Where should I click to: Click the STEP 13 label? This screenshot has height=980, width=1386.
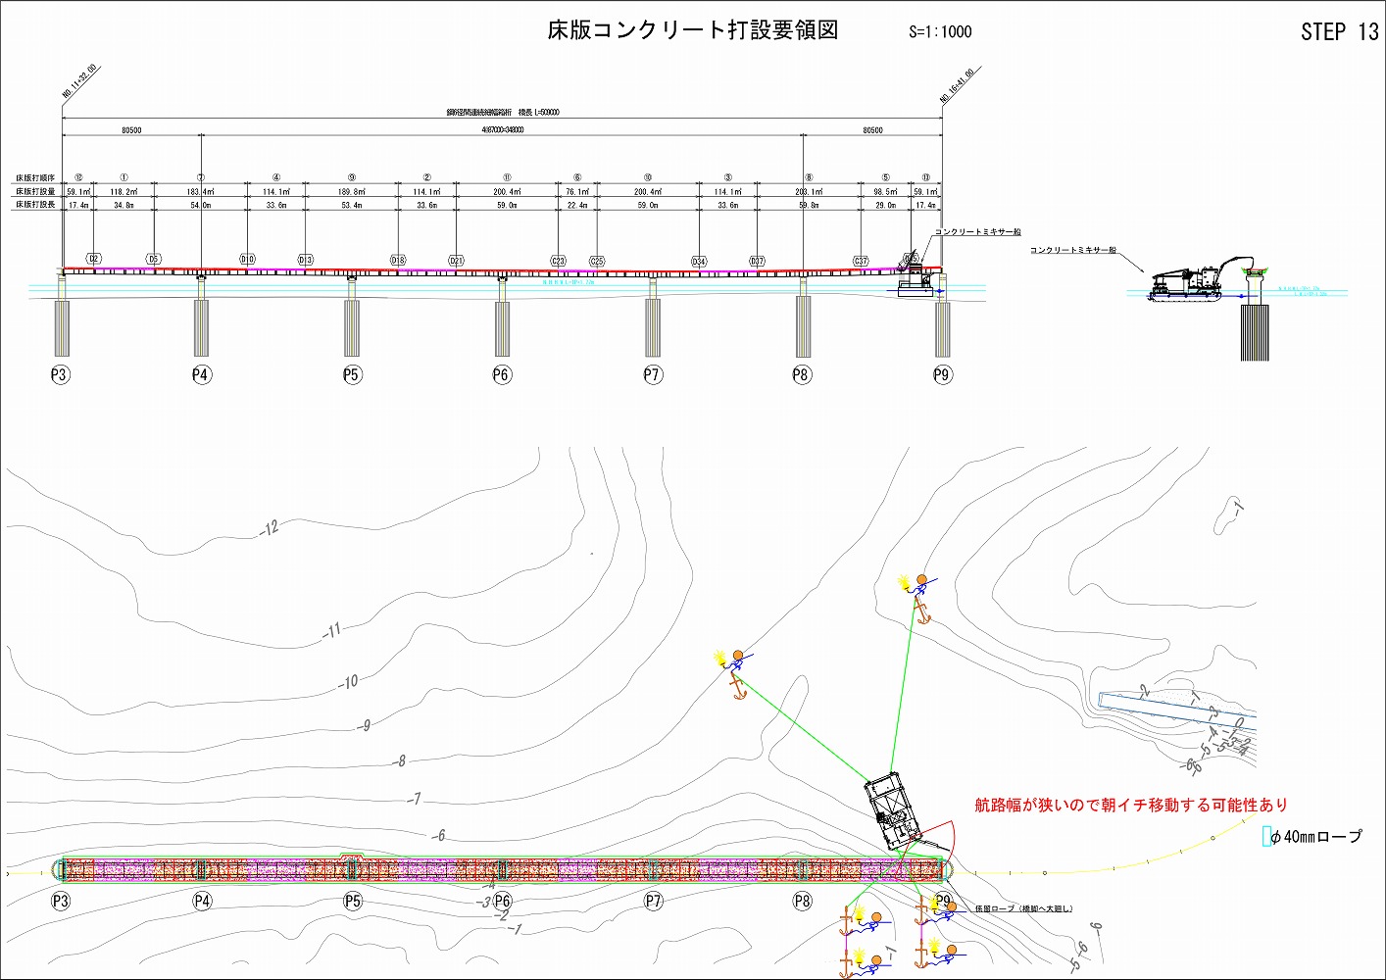(x=1339, y=32)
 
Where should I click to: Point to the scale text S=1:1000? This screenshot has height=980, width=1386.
(x=940, y=31)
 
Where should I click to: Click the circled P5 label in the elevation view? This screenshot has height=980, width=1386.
(x=352, y=374)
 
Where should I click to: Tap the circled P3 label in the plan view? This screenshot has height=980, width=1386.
(x=61, y=901)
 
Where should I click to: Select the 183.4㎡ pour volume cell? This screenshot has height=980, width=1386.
(x=201, y=192)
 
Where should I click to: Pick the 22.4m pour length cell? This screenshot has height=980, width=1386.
(x=577, y=206)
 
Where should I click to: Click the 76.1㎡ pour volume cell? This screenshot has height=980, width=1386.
(x=577, y=192)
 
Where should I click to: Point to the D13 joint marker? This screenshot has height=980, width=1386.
(x=305, y=261)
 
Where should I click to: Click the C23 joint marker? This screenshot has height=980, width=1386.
(x=558, y=262)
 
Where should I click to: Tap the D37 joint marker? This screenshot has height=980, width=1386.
(x=757, y=262)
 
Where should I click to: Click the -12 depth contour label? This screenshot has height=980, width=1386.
(x=271, y=528)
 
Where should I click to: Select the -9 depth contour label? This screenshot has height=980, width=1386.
(x=364, y=726)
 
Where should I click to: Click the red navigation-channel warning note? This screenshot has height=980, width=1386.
(x=1131, y=805)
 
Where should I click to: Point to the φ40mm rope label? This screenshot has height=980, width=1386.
(x=1315, y=837)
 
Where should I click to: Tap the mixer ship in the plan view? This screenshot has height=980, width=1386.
(x=891, y=811)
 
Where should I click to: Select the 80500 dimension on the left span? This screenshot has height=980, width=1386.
(x=131, y=130)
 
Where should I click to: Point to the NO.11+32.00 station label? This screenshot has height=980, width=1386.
(x=80, y=83)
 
